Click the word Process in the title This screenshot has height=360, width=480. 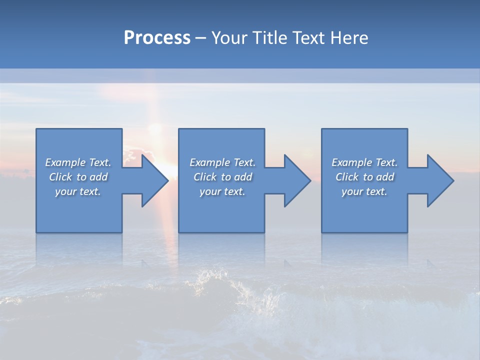click(x=157, y=38)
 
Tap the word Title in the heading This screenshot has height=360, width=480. click(x=270, y=38)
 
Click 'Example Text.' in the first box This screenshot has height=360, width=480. click(x=78, y=162)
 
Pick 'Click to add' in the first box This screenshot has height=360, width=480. click(x=78, y=177)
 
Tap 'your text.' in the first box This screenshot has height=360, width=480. click(x=78, y=191)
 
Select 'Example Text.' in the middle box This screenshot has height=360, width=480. click(x=222, y=162)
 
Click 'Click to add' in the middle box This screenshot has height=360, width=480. click(x=222, y=177)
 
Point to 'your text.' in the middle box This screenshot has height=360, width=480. click(x=222, y=191)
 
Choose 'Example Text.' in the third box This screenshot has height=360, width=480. click(x=364, y=162)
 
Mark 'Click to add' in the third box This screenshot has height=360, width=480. click(x=364, y=177)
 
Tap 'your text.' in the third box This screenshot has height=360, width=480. click(x=364, y=191)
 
